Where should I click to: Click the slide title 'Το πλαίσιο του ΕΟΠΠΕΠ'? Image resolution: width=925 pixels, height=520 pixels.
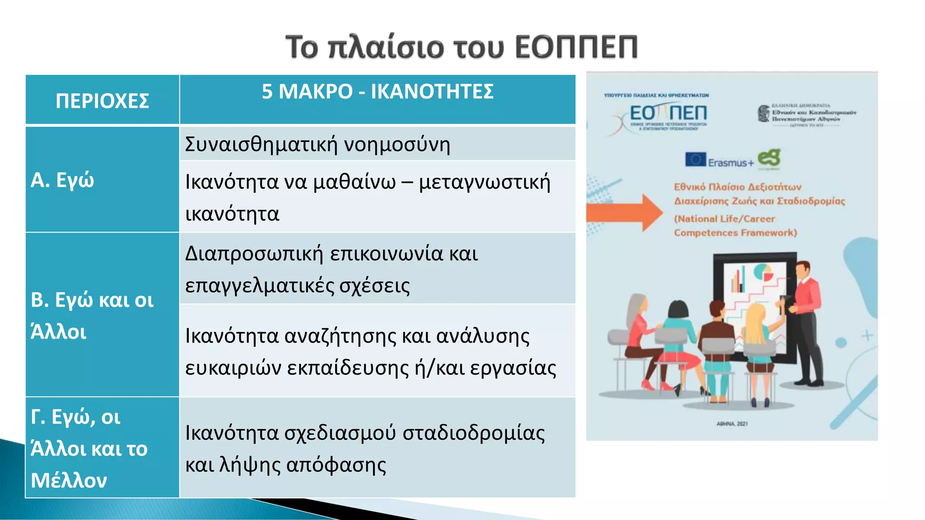[x=462, y=47]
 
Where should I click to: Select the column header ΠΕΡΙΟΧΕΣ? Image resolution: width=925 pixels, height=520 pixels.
[x=102, y=101]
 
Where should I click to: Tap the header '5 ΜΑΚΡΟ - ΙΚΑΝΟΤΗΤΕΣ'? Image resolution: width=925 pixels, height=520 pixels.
[x=378, y=92]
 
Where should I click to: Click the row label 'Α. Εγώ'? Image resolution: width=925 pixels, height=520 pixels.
[x=62, y=180]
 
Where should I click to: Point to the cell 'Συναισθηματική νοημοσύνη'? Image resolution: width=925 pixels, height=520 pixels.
[x=318, y=144]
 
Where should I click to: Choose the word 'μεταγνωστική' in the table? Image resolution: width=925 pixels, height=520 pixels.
[x=485, y=182]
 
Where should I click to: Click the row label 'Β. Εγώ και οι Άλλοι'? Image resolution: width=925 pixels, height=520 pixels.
[x=92, y=316]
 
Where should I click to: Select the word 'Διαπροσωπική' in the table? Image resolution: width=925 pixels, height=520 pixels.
[x=254, y=254]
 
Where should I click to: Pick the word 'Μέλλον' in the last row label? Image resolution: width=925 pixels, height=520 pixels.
[x=69, y=480]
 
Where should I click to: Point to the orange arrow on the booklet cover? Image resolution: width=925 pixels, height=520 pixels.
[x=625, y=212]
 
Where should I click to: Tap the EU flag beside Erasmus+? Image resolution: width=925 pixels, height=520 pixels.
[x=695, y=159]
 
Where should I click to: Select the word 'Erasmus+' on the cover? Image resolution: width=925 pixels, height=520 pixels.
[x=731, y=163]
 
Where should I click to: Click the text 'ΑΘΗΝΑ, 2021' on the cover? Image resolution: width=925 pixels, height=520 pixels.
[x=732, y=424]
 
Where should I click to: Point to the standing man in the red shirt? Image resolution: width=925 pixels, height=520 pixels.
[x=807, y=316]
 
